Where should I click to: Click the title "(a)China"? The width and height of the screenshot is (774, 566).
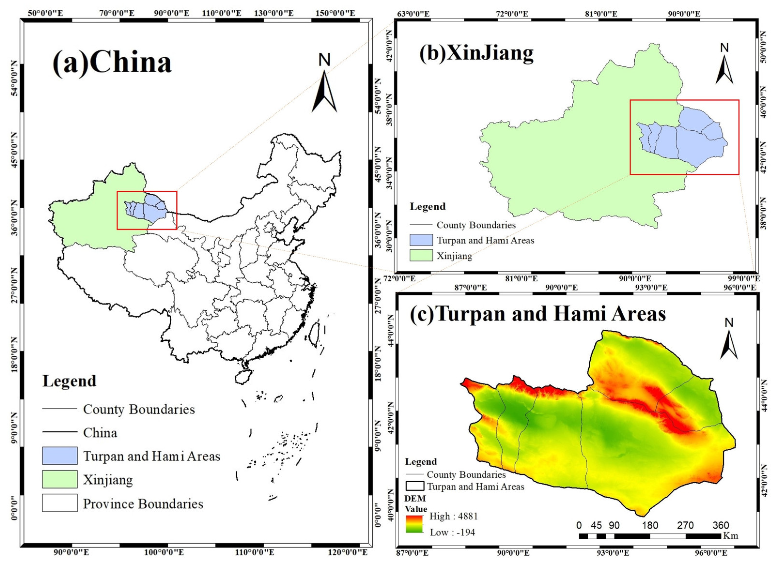point(112,63)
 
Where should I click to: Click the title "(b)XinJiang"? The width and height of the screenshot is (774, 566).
point(476,53)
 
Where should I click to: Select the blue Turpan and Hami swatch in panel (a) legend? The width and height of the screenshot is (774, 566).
point(60,455)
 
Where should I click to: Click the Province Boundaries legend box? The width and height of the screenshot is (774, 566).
point(60,503)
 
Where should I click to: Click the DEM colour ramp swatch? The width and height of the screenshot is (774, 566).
point(414,524)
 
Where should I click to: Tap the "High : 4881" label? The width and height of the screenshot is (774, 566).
point(453,516)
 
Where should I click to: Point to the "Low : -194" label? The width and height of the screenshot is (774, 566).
point(452,532)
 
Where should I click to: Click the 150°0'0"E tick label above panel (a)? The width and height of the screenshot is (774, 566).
point(333,13)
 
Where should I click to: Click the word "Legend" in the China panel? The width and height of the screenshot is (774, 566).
point(69,381)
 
